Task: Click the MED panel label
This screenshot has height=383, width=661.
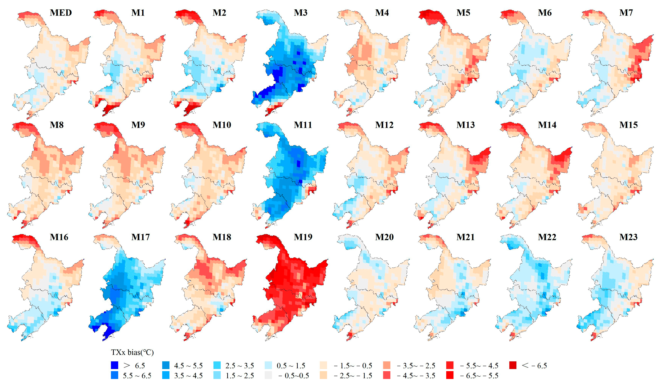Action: pos(61,13)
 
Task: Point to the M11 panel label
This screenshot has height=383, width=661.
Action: pos(303,125)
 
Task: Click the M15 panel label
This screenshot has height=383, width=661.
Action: pos(628,125)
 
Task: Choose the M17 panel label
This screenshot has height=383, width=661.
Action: pos(140,237)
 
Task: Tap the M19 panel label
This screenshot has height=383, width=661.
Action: pos(303,237)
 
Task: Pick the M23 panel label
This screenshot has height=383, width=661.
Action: pos(628,237)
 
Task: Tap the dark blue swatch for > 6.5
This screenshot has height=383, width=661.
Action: pos(114,365)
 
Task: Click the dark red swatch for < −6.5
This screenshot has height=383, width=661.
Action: pos(513,365)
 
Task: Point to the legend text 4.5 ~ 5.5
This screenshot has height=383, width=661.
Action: pos(188,365)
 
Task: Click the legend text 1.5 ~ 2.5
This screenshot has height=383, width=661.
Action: pos(240,375)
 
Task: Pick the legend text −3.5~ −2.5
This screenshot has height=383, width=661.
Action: pos(416,365)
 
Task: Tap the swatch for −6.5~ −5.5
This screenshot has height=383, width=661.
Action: pos(450,375)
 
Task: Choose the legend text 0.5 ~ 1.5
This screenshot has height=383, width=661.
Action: pos(291,365)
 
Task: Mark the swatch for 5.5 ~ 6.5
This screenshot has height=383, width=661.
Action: pos(114,375)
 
